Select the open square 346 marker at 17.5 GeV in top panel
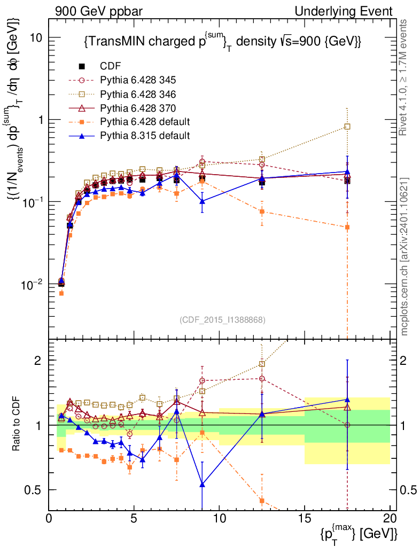pyautogui.click(x=347, y=127)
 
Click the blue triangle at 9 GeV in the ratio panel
pyautogui.click(x=202, y=485)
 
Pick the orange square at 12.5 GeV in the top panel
pyautogui.click(x=262, y=212)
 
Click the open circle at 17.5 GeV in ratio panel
pyautogui.click(x=347, y=425)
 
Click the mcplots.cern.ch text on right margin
pyautogui.click(x=405, y=256)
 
